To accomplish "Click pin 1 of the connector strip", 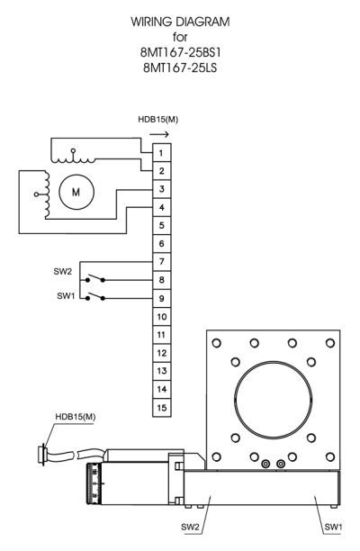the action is tap(162, 152).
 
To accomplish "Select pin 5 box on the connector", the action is tap(162, 225).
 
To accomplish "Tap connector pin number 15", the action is tap(162, 408).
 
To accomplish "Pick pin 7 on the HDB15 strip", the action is tap(162, 261).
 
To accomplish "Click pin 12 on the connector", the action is tap(162, 353).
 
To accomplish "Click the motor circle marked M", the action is tap(76, 192).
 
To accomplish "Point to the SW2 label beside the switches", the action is tap(62, 271).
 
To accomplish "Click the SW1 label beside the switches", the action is tap(66, 296).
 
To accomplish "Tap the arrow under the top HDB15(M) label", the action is tap(159, 134).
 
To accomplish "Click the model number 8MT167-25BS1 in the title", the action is tap(181, 52).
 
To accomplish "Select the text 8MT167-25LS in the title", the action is tap(180, 68).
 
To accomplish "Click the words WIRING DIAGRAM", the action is tap(180, 22).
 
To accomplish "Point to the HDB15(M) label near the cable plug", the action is tap(76, 417).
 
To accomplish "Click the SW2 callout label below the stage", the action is tap(190, 527).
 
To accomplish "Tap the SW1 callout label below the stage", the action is tap(333, 527).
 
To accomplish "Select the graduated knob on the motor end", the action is tap(94, 483).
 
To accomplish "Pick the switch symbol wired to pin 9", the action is tap(94, 296).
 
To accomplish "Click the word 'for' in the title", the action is tap(180, 37).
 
